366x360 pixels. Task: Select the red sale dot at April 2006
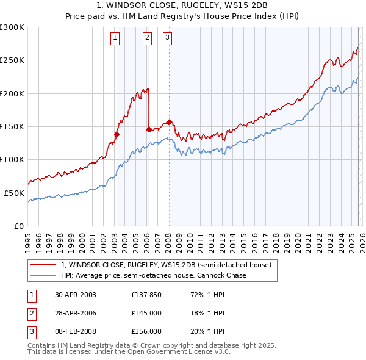point(149,129)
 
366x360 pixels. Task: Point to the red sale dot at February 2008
point(168,122)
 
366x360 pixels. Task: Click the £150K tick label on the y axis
point(12,126)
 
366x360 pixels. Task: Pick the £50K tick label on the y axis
point(14,192)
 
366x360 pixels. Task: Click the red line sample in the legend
point(43,265)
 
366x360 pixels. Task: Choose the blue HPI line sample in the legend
point(43,275)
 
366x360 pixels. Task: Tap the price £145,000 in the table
point(146,313)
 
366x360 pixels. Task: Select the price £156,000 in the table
point(146,331)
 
